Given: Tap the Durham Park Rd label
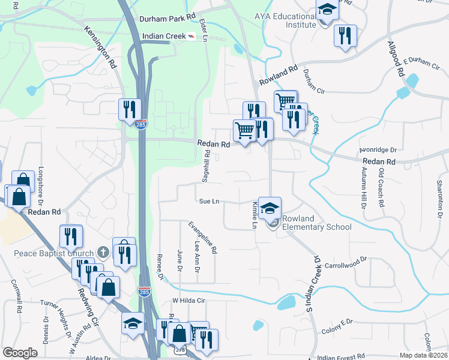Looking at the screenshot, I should click(167, 19).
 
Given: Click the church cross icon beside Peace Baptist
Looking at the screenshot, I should click(103, 253).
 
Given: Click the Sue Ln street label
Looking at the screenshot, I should click(209, 202).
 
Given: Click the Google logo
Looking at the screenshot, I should click(20, 353).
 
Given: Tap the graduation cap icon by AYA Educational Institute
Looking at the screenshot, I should click(327, 10).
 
